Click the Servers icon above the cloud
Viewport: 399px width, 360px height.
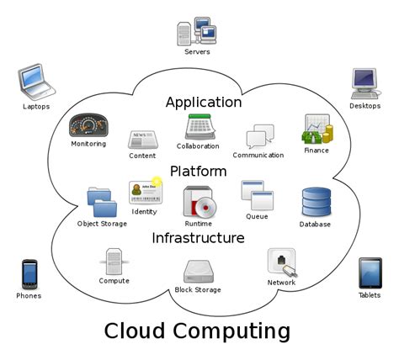(x=197, y=30)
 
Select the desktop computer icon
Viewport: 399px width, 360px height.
(x=365, y=82)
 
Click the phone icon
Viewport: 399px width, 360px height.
(x=28, y=274)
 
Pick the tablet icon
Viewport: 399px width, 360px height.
(x=370, y=273)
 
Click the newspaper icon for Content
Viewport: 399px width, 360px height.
(x=141, y=140)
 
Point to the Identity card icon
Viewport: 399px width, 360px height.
(x=144, y=192)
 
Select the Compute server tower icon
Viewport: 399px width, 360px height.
(x=114, y=262)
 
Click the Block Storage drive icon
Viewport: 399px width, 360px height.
(x=199, y=272)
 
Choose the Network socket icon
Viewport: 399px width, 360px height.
(x=281, y=262)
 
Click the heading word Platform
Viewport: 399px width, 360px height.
(x=198, y=171)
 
